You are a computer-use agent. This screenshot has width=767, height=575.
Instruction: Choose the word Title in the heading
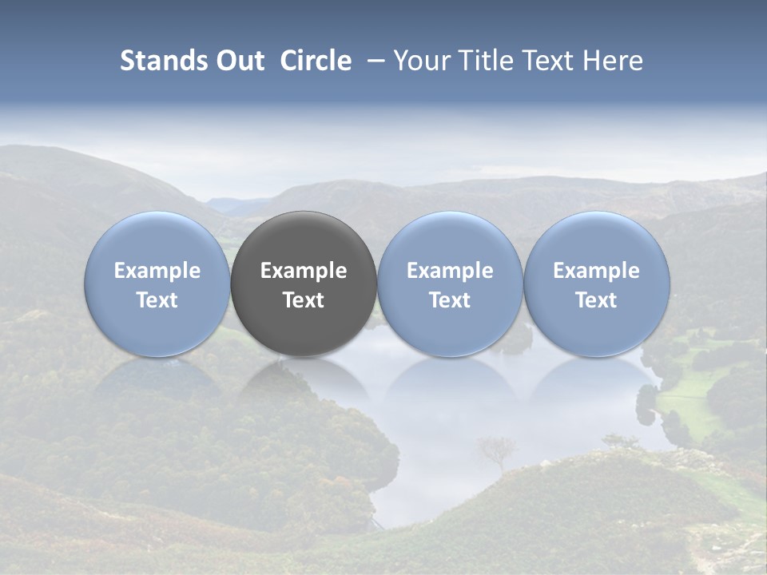[480, 61]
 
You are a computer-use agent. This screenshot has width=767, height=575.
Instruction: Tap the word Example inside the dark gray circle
[304, 271]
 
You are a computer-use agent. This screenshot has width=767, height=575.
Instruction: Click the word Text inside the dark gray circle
[304, 300]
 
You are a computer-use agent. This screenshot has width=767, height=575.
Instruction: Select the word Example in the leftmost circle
[157, 271]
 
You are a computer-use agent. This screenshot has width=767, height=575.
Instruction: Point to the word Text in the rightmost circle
[596, 300]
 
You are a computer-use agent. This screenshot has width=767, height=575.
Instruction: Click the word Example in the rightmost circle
[596, 271]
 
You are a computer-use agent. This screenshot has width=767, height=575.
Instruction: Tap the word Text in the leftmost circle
[157, 300]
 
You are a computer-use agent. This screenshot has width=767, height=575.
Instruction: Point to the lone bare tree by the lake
[496, 451]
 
